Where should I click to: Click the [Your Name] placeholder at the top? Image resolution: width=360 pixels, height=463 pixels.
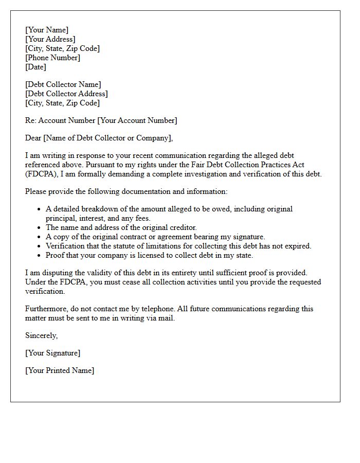[47, 30]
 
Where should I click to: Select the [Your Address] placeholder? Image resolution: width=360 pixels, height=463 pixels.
[50, 39]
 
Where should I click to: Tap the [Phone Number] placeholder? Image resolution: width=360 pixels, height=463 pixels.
[53, 58]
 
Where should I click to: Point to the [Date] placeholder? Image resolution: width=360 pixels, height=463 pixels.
[35, 67]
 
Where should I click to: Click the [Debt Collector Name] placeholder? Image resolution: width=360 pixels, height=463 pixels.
[63, 84]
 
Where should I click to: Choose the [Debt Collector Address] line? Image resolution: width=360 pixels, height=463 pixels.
[66, 94]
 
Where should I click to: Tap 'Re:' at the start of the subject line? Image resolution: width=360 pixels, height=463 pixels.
[30, 120]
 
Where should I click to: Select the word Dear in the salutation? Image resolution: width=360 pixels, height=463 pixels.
[33, 138]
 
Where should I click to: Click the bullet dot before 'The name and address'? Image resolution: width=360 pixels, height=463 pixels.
[39, 228]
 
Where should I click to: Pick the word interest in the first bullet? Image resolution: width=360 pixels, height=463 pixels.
[91, 218]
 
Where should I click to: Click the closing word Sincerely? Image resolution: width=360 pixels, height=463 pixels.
[41, 335]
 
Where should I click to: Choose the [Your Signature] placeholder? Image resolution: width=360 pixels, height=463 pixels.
[52, 353]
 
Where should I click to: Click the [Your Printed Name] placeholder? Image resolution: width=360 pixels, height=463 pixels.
[60, 370]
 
